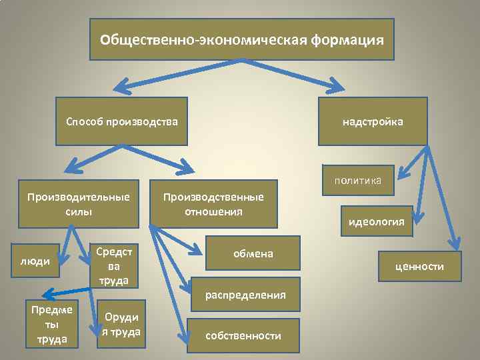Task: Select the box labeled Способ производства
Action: pyautogui.click(x=121, y=121)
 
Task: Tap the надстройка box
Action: pyautogui.click(x=373, y=121)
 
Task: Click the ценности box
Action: pyautogui.click(x=419, y=267)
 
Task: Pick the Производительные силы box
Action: pyautogui.click(x=79, y=204)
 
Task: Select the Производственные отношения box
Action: pyautogui.click(x=213, y=204)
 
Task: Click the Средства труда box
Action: pyautogui.click(x=114, y=265)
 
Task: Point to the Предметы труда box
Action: pyautogui.click(x=51, y=324)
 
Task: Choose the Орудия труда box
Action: pyautogui.click(x=121, y=325)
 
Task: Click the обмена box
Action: pyautogui.click(x=253, y=253)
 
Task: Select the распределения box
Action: pyautogui.click(x=245, y=294)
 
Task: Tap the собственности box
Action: pyautogui.click(x=243, y=336)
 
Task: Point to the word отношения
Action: pyautogui.click(x=213, y=212)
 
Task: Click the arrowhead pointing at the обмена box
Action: pyautogui.click(x=195, y=251)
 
